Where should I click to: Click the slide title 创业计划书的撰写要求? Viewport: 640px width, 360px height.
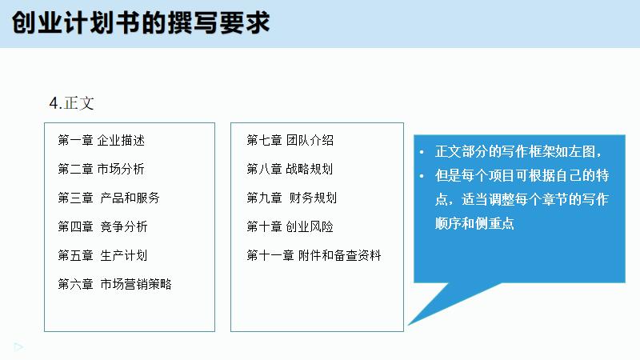(141, 22)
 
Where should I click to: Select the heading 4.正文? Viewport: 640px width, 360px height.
(72, 103)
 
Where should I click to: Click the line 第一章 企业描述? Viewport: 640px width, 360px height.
(102, 141)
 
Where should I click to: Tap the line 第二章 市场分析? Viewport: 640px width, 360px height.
(102, 169)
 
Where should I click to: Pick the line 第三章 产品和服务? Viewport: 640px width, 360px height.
(109, 198)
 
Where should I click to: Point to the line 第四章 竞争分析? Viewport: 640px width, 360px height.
(102, 226)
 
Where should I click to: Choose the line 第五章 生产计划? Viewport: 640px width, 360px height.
(102, 255)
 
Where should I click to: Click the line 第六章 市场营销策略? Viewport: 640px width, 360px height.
(114, 284)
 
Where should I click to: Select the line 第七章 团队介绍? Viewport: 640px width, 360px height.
(290, 141)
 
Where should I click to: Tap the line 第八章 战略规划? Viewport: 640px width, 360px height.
(290, 169)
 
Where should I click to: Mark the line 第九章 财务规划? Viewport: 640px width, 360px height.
(292, 198)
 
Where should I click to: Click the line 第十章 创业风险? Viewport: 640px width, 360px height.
(290, 226)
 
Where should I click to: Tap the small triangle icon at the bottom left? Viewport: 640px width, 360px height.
(18, 346)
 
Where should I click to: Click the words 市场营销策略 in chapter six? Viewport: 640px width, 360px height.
(136, 284)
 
